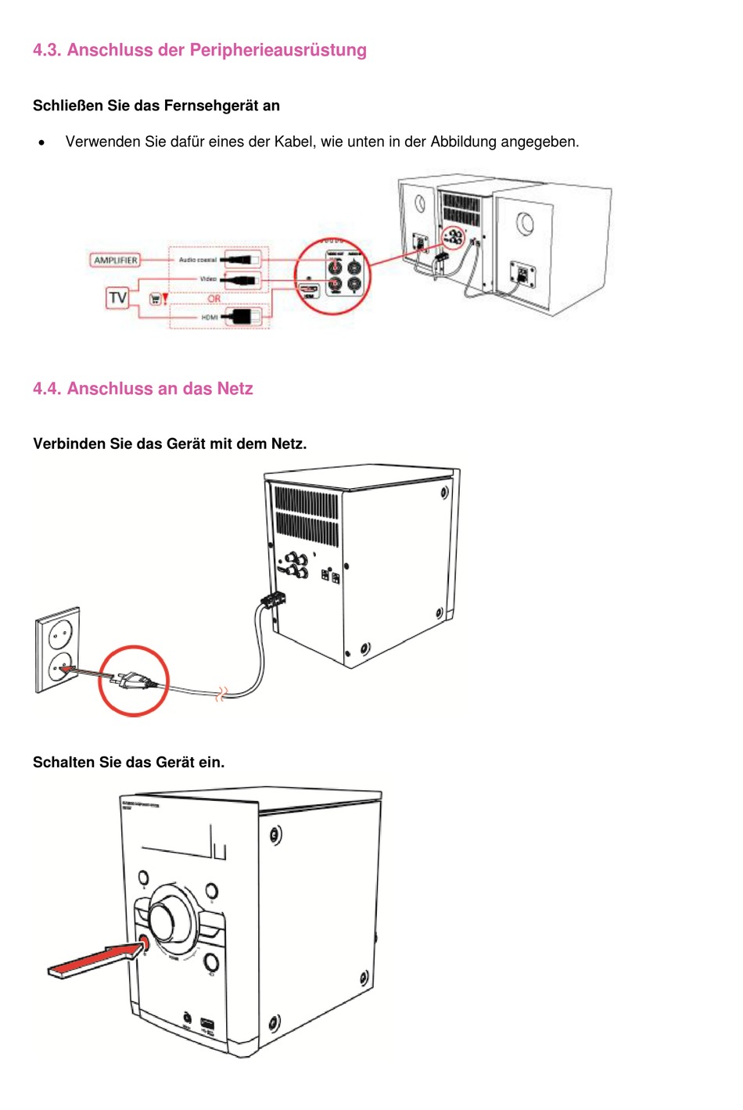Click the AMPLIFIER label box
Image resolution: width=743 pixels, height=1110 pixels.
tap(116, 260)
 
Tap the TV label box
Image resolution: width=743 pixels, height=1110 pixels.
tap(117, 298)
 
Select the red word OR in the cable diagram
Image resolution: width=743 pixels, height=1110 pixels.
tap(214, 299)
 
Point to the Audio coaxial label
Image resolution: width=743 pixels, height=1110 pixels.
tap(198, 260)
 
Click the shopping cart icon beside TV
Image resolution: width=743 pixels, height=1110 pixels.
tap(156, 299)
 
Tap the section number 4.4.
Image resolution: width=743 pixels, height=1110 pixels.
tap(47, 389)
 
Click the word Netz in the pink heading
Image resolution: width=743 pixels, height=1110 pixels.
tap(235, 389)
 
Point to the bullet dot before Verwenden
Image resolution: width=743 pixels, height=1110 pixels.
tap(41, 142)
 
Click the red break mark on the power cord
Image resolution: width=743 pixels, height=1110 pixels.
tap(221, 693)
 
